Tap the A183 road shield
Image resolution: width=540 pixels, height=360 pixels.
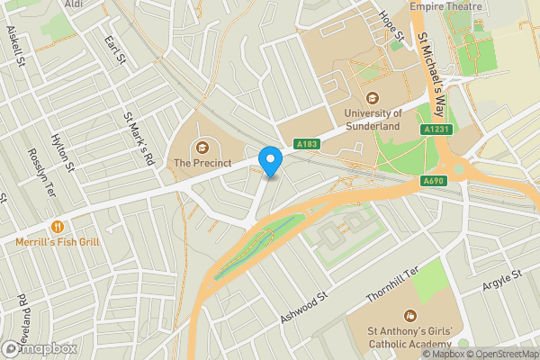[305, 144]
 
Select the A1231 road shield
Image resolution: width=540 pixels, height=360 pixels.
[436, 130]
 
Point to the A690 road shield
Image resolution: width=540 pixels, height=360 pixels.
[434, 181]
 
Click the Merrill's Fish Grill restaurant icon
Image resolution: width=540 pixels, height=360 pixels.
[58, 227]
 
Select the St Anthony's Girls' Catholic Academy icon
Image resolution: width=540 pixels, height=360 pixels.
[411, 316]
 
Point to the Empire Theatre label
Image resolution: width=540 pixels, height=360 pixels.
[445, 6]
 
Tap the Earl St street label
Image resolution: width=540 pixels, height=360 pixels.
[113, 49]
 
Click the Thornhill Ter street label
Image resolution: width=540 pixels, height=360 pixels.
[393, 284]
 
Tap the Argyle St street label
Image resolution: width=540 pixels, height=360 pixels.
[503, 281]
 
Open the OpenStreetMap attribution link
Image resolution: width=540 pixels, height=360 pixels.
[503, 354]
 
